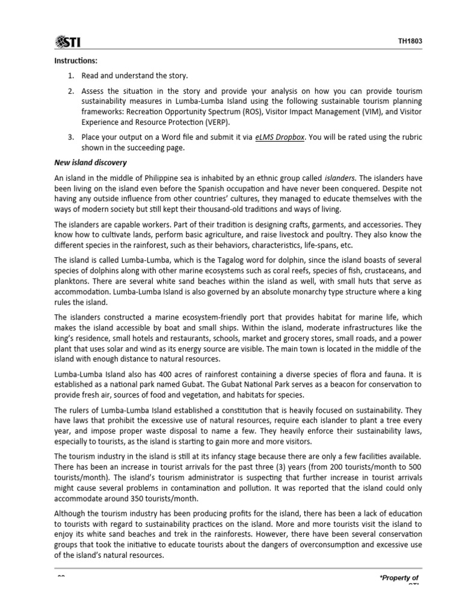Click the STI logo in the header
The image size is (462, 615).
tap(68, 41)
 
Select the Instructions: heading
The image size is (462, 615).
tap(76, 61)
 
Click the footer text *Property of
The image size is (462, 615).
tap(398, 578)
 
